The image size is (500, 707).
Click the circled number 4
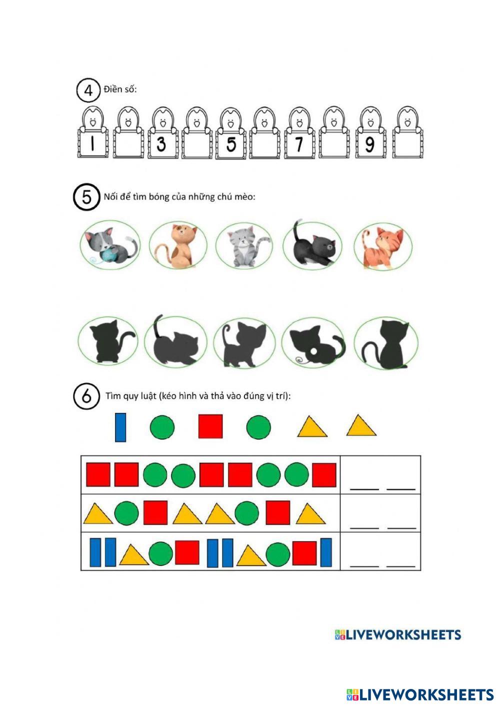coord(88,90)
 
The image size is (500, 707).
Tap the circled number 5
coord(86,197)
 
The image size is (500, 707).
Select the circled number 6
coord(86,396)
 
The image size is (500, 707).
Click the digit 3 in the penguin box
coord(161,144)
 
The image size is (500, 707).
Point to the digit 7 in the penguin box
coord(298,144)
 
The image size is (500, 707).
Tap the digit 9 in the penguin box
coord(369,144)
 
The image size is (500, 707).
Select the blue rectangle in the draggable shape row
coord(120,427)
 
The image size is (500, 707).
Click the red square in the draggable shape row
coord(210,426)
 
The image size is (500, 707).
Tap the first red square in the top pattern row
coord(98,474)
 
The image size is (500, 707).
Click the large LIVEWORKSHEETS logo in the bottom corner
coord(420,695)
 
